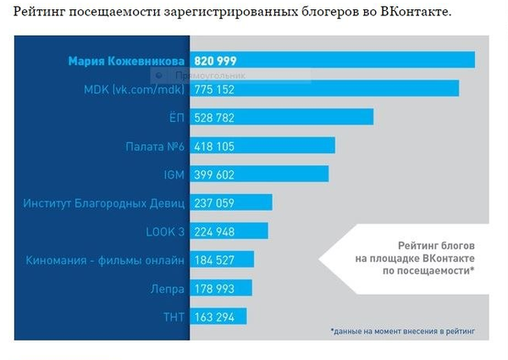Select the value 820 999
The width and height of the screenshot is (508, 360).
point(215,62)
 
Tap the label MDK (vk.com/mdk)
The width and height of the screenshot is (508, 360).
point(135,89)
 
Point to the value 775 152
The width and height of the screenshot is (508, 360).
point(215,89)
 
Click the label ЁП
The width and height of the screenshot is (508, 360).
point(177,117)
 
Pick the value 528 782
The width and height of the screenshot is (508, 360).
point(215,117)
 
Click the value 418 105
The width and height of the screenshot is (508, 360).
point(215,146)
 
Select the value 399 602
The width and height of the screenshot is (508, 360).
point(215,174)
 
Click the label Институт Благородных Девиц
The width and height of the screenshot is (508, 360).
point(105,202)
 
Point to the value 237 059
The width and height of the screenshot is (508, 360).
point(215,202)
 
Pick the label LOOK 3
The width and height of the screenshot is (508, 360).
point(165,231)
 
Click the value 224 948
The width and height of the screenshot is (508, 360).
point(215,231)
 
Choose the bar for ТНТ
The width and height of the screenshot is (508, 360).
point(218,317)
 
